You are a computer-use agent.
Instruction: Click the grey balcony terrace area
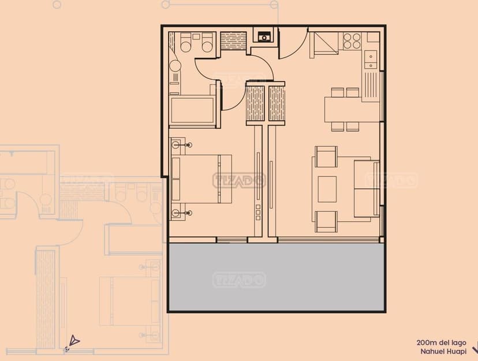point(276,277)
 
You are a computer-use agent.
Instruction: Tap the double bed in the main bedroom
point(201,179)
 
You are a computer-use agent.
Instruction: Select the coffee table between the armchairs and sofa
point(327,189)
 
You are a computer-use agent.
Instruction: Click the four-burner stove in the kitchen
point(352,41)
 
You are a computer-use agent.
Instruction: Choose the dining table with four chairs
point(347,109)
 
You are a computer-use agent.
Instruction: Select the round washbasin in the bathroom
point(175,66)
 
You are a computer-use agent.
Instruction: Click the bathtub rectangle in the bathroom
point(192,110)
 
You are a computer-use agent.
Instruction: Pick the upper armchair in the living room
point(326,157)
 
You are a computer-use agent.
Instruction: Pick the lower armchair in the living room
point(326,221)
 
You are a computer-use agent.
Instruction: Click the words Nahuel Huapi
point(443,352)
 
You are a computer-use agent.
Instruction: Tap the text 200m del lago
point(441,343)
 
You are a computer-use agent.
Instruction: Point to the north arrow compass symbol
point(74,341)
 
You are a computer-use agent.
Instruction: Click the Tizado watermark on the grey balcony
point(239,280)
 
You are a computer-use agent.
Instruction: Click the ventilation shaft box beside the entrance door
point(264,36)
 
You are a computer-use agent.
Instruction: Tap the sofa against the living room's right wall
point(367,188)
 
